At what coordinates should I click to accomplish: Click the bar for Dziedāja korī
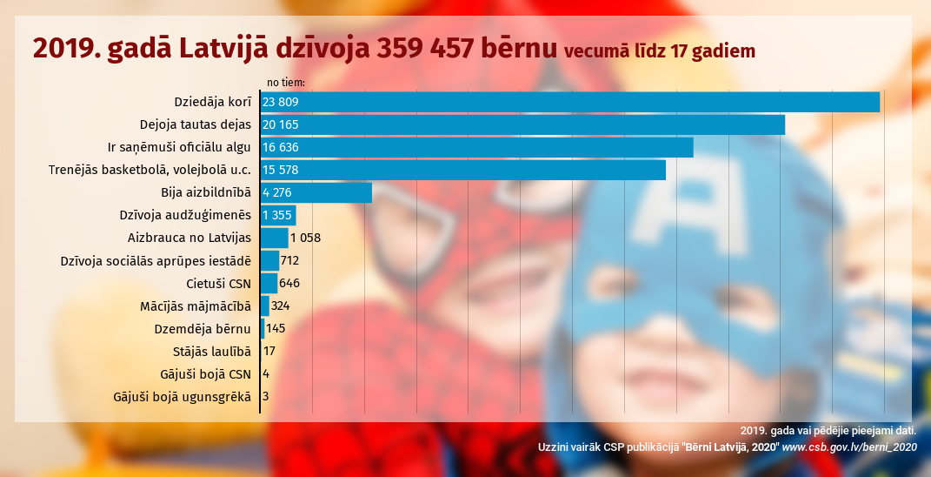click(569, 102)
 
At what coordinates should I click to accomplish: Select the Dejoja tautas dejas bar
click(522, 124)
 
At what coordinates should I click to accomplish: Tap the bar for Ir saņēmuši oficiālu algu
click(476, 147)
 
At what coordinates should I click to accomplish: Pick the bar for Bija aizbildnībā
click(316, 192)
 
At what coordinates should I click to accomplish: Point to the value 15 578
click(280, 170)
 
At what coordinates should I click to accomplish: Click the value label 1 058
click(306, 238)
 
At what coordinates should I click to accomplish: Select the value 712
click(290, 260)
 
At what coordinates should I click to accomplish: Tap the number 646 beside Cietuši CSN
click(289, 283)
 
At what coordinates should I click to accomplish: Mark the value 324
click(280, 306)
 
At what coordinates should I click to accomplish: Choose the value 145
click(276, 328)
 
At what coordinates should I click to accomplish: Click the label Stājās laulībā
click(212, 351)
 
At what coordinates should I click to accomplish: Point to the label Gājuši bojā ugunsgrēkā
click(182, 397)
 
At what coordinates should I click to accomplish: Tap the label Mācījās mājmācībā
click(195, 306)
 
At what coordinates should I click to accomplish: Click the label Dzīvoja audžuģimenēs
click(185, 215)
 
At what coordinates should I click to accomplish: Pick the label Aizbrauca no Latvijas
click(189, 238)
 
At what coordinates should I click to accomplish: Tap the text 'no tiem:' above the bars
click(285, 83)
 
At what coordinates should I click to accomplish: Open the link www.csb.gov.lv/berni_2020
click(849, 447)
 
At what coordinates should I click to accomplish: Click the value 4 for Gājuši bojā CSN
click(266, 373)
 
